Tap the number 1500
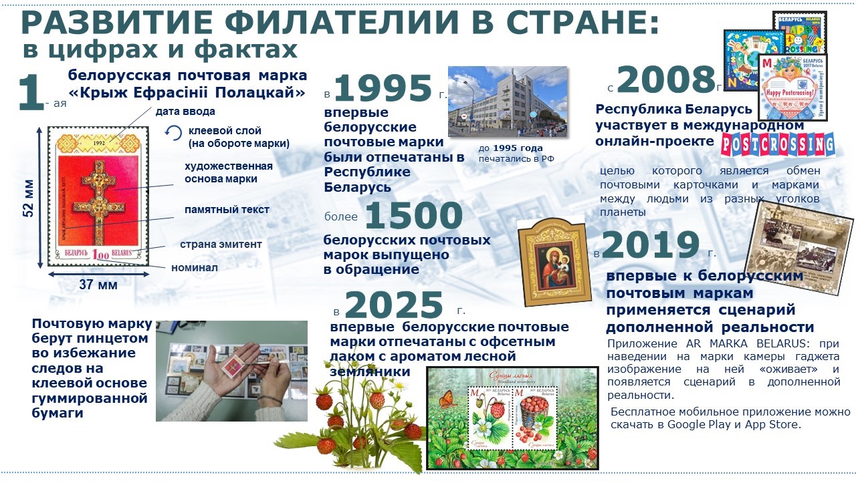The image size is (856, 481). pos(414,216)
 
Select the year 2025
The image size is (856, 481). pos(394,306)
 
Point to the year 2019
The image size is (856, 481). pos(651,247)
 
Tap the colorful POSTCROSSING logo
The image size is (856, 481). pos(778,144)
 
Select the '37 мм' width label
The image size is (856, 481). pos(98,285)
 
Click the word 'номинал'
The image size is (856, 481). pos(195,268)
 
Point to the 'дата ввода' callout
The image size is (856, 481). pos(186,112)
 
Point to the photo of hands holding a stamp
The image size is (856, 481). pos(231,371)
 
